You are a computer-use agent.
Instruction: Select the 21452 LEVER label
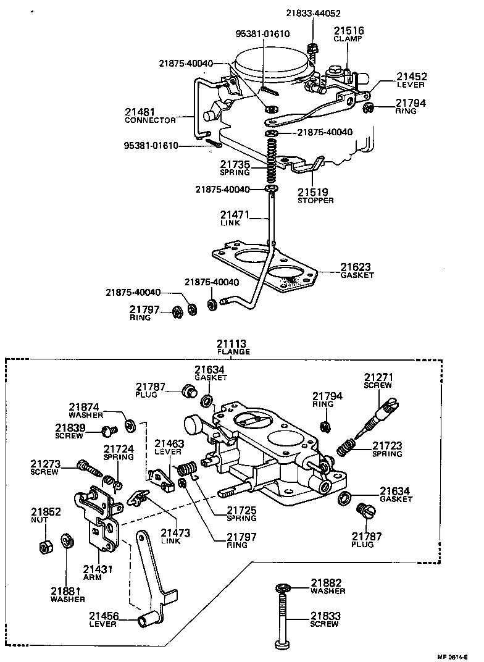click(x=411, y=80)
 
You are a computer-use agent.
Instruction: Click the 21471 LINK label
click(x=234, y=218)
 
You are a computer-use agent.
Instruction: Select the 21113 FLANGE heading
click(x=233, y=347)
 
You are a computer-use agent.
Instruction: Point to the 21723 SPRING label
click(x=387, y=449)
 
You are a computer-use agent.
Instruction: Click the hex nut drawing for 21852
click(x=44, y=546)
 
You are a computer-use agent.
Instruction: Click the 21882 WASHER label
click(x=327, y=586)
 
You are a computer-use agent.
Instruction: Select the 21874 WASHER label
click(x=85, y=411)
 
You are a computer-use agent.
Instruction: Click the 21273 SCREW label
click(x=44, y=467)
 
